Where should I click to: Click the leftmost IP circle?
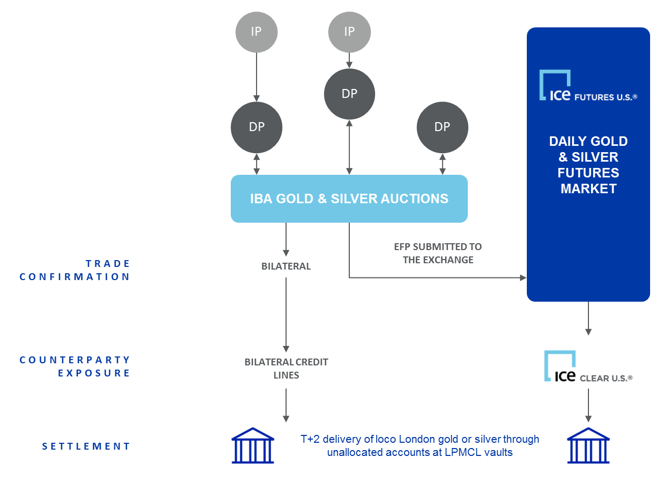coord(256,32)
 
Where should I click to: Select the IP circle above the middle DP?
coord(349,32)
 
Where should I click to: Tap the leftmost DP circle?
coord(257,127)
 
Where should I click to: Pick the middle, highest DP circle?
coord(349,94)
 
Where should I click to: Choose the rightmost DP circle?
coord(442,127)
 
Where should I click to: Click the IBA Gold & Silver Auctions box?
coord(349,198)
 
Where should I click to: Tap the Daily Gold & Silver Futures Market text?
coord(588,165)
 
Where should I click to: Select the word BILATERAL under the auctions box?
coord(286,266)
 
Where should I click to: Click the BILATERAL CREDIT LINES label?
coord(286,369)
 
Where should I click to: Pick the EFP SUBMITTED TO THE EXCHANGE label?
coord(438,253)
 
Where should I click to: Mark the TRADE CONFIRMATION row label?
coord(75,270)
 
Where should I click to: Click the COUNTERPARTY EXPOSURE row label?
coord(75,366)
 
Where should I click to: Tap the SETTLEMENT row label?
coord(86,446)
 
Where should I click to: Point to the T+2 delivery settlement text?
coord(420,445)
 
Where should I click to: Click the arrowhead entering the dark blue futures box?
coord(523,277)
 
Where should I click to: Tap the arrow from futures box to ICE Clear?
coord(588,319)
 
